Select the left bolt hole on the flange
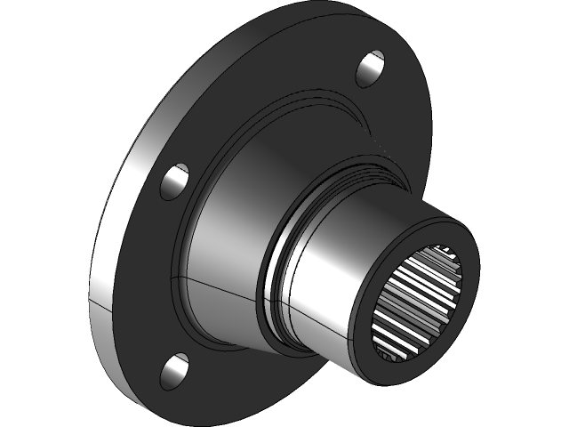[175, 181]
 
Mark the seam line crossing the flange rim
[100, 306]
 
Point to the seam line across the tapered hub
[222, 290]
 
